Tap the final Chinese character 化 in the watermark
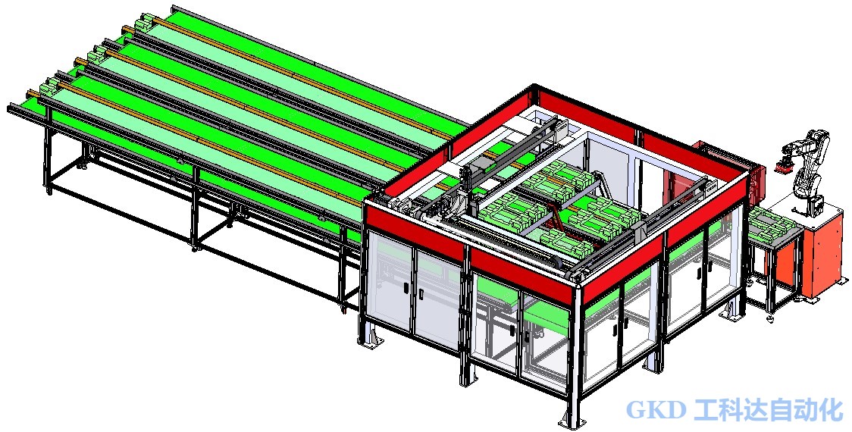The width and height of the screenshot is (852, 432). tap(831, 410)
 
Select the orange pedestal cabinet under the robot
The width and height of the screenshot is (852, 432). tap(822, 255)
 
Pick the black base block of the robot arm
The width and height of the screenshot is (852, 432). tap(814, 205)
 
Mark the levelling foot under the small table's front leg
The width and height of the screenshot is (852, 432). tap(770, 316)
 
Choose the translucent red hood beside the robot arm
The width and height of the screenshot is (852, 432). tap(728, 163)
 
